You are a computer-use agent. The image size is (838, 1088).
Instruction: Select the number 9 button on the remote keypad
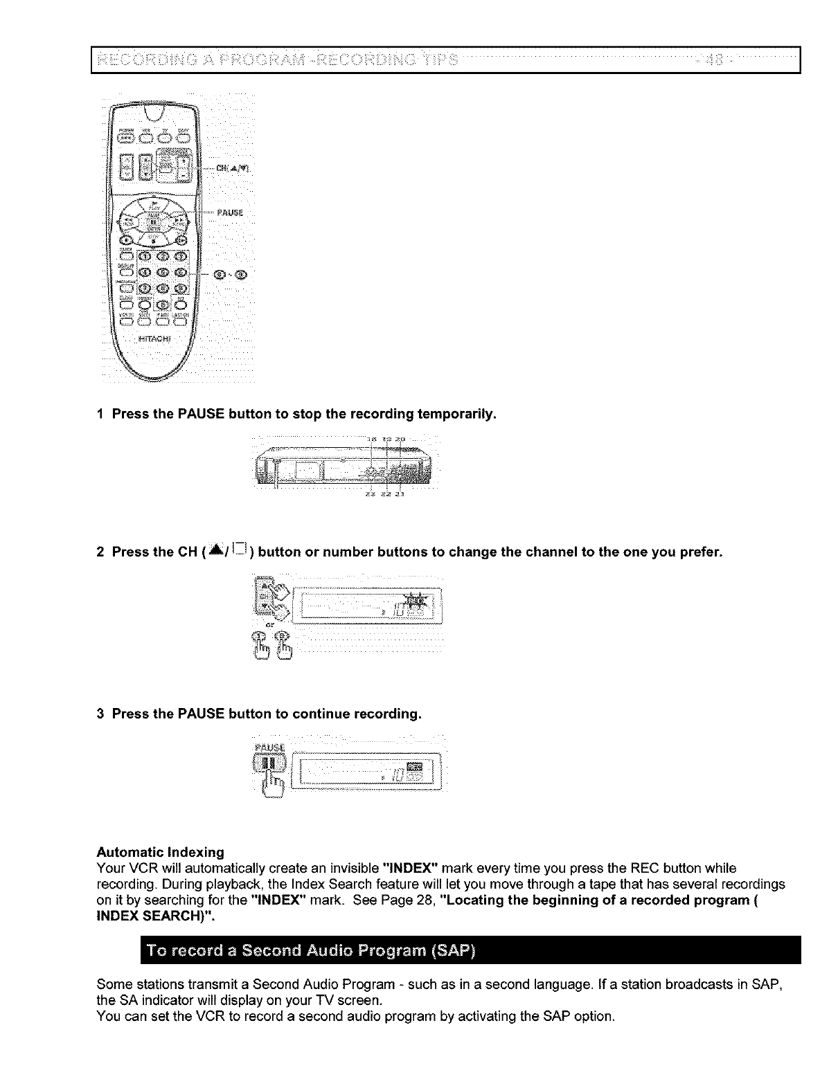tap(180, 288)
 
